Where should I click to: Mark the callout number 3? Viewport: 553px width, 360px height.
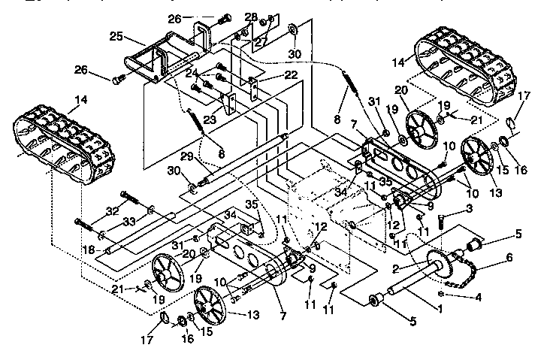(x=469, y=208)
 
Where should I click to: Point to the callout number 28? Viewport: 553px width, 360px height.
(x=250, y=17)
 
